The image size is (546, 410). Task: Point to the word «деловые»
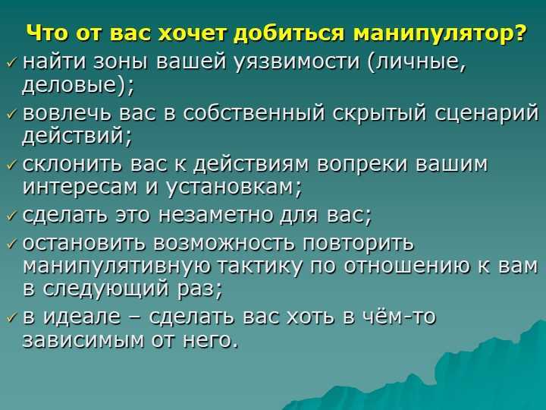pyautogui.click(x=68, y=85)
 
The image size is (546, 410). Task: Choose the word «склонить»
pyautogui.click(x=72, y=164)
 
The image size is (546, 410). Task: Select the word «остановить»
pyautogui.click(x=83, y=243)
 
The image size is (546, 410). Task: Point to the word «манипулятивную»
pyautogui.click(x=117, y=266)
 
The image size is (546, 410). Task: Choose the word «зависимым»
pyautogui.click(x=83, y=340)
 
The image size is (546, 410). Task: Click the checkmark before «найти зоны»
pyautogui.click(x=12, y=64)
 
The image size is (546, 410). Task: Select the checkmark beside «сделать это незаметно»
pyautogui.click(x=12, y=217)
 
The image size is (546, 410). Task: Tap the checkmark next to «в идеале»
pyautogui.click(x=12, y=317)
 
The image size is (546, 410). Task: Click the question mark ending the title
pyautogui.click(x=519, y=33)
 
